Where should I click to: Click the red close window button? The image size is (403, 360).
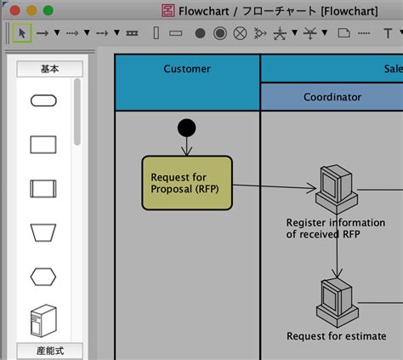[14, 10]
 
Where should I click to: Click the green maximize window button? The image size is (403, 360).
[48, 10]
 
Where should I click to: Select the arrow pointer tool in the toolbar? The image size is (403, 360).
[22, 33]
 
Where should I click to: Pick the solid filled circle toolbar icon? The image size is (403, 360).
[200, 33]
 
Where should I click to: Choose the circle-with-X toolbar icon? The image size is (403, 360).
[240, 33]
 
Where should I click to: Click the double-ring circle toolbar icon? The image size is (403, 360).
[220, 33]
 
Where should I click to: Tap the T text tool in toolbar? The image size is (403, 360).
[388, 33]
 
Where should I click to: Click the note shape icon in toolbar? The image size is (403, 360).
[343, 33]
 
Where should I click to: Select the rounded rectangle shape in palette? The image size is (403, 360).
[43, 100]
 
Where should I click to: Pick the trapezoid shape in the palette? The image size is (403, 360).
[43, 232]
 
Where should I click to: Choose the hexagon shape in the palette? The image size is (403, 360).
[43, 277]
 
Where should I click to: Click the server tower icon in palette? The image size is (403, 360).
[43, 321]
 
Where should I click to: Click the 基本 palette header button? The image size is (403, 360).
[49, 69]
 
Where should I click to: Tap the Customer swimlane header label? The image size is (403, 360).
[187, 69]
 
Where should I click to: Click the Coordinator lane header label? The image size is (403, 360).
[332, 97]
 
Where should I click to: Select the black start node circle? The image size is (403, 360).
[186, 128]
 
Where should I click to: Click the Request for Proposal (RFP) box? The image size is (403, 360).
[187, 183]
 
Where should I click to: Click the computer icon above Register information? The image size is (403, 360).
[337, 189]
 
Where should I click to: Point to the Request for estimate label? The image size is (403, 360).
[337, 336]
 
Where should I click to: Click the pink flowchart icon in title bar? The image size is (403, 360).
[167, 11]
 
